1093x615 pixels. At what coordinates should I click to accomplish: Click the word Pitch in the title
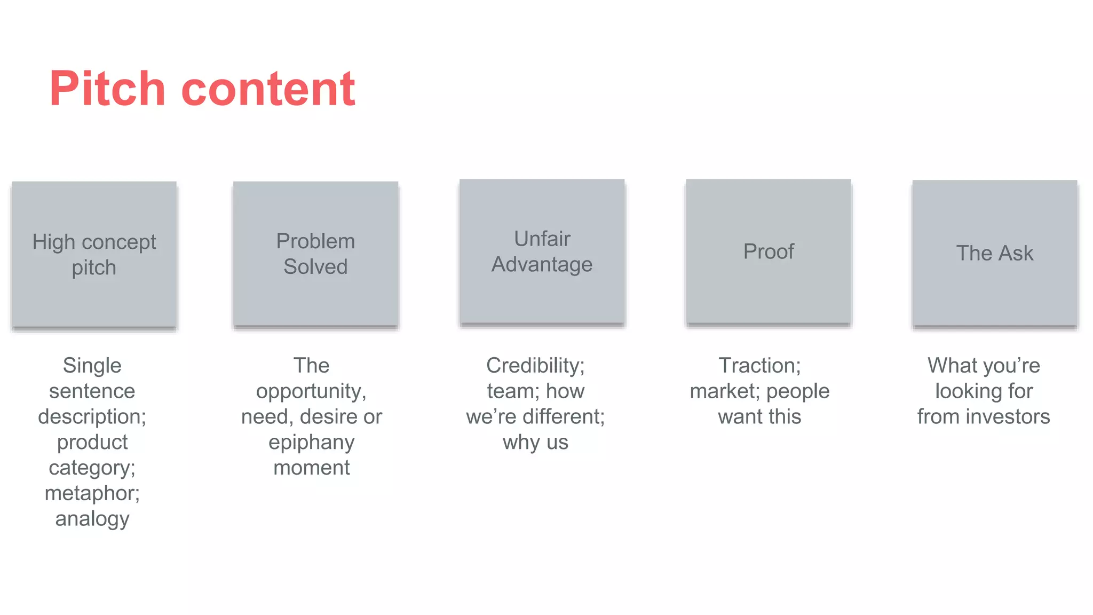point(107,89)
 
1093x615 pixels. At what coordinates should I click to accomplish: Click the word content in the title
point(268,89)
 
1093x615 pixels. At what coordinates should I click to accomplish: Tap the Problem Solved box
point(315,254)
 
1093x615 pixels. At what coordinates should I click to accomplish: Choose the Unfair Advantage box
point(542,251)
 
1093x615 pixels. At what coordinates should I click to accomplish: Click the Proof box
point(768,251)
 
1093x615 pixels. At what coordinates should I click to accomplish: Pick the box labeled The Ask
point(994,253)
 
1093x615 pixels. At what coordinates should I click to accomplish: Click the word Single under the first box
point(92,366)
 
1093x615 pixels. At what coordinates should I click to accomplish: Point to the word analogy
point(92,519)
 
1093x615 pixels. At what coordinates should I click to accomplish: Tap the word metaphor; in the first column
point(92,493)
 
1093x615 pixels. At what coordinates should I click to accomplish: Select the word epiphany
point(312,443)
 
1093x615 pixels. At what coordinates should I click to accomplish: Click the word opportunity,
point(312,391)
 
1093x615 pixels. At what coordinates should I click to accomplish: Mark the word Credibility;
point(535,366)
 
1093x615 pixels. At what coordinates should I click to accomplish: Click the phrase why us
point(535,443)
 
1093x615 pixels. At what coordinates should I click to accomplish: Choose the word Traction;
point(759,366)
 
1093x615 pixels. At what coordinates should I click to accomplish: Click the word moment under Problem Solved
point(312,468)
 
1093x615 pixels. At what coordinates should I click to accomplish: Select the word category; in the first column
point(92,468)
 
